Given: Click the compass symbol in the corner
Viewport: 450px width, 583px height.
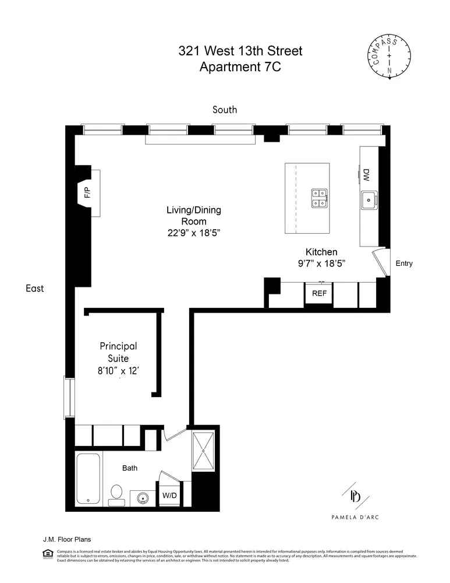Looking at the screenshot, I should pyautogui.click(x=389, y=57).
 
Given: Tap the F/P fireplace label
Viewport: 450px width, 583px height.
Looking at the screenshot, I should pyautogui.click(x=88, y=193).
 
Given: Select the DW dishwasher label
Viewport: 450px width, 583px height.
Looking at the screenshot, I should pyautogui.click(x=367, y=174).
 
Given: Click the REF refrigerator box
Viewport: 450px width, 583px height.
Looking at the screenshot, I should pyautogui.click(x=319, y=294).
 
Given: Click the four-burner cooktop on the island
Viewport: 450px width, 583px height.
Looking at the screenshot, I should pyautogui.click(x=318, y=198).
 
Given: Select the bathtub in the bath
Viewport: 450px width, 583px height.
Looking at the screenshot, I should pyautogui.click(x=88, y=478).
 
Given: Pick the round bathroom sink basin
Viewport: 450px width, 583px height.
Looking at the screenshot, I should pyautogui.click(x=142, y=498).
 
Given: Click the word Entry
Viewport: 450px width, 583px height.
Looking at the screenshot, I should pyautogui.click(x=404, y=264).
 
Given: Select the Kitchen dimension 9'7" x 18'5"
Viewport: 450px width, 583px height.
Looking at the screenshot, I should pyautogui.click(x=322, y=264).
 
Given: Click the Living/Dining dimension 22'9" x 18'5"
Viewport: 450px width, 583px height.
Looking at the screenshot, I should pyautogui.click(x=194, y=233).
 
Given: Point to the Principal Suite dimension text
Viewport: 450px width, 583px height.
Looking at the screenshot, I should pyautogui.click(x=118, y=370).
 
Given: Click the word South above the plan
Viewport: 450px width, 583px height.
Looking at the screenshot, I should pyautogui.click(x=225, y=110).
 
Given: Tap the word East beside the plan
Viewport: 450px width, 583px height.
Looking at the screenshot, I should pyautogui.click(x=34, y=288).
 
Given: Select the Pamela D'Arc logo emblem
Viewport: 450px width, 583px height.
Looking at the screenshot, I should pyautogui.click(x=355, y=496).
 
